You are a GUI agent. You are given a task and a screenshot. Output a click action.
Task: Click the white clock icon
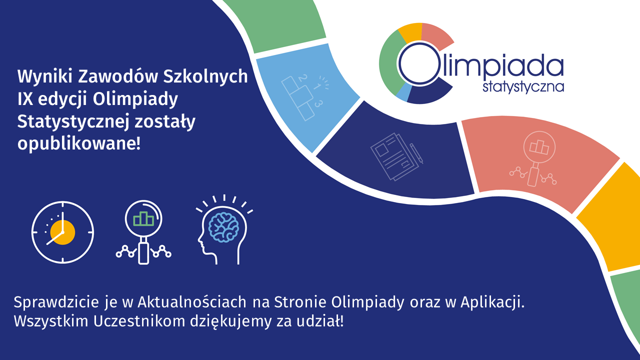point(62,232)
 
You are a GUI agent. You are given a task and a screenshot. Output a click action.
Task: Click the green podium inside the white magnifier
point(143,218)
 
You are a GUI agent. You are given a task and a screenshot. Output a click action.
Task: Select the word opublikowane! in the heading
point(79,143)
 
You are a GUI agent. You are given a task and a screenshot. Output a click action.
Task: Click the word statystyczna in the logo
point(523,87)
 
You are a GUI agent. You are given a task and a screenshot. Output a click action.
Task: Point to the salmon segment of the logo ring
point(436,34)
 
